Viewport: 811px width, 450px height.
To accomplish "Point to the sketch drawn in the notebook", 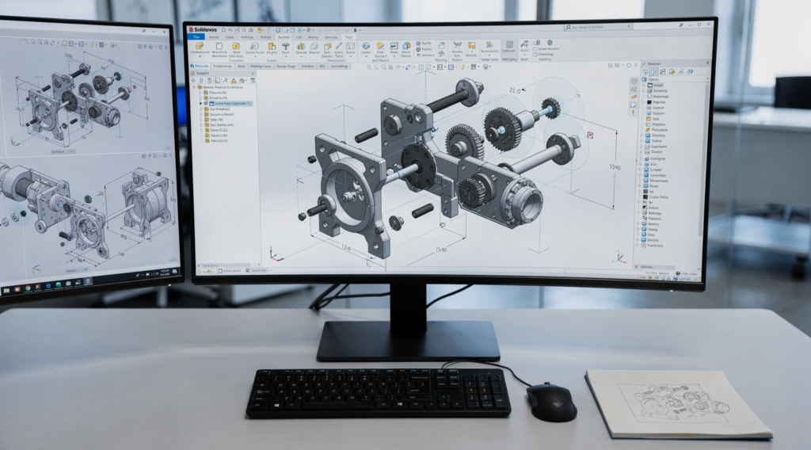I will click(673, 404).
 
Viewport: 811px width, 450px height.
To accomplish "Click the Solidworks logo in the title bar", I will click(208, 29).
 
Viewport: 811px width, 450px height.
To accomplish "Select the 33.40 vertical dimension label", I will click(615, 167).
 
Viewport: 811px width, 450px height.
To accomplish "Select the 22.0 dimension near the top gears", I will click(517, 90).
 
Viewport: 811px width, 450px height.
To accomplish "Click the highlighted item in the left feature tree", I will click(227, 104).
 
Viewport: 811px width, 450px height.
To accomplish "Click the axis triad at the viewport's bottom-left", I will click(275, 254).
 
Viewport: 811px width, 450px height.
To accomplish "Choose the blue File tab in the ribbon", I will click(196, 37).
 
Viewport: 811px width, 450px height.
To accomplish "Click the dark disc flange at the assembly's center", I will click(418, 166).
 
